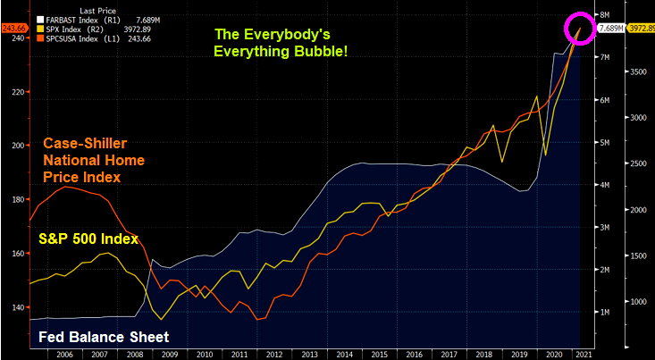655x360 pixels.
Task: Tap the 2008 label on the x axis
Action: coord(133,354)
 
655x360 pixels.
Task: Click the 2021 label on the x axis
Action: coord(583,354)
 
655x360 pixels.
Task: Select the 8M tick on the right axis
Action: coord(603,15)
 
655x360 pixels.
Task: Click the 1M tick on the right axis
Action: coord(603,312)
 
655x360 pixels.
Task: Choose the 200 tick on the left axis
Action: coord(17,144)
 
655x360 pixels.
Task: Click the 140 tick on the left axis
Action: coord(17,307)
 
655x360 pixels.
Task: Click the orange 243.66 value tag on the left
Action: coord(14,28)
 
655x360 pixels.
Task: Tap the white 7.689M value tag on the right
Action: coord(611,29)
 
